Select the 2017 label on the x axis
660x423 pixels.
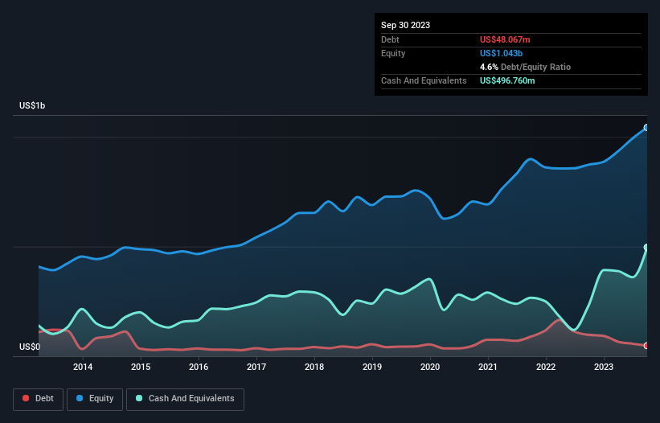tap(256, 367)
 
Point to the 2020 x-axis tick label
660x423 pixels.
tap(430, 367)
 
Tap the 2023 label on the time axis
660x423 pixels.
tap(604, 367)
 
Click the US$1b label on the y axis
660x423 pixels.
tap(36, 106)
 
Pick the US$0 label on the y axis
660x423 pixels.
tap(31, 347)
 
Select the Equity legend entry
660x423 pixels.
tap(94, 399)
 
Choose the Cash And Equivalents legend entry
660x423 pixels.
tap(185, 399)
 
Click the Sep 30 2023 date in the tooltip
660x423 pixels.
tap(405, 25)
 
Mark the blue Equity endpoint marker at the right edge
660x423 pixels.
tap(646, 128)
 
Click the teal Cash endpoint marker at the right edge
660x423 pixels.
tap(646, 248)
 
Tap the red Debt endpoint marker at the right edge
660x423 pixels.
tap(646, 346)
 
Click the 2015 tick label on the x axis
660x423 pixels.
tap(141, 367)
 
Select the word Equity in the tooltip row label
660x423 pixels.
tap(393, 53)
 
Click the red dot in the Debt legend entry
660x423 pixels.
tap(26, 399)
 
